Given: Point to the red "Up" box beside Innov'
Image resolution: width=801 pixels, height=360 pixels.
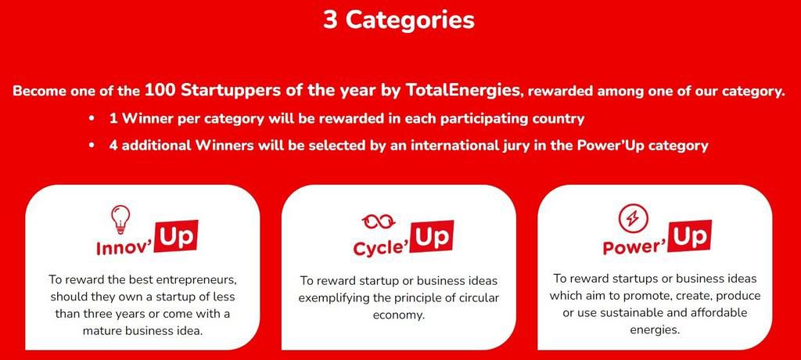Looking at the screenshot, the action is pyautogui.click(x=177, y=237).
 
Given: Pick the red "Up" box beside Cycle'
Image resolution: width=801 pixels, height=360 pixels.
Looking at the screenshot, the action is pyautogui.click(x=432, y=237).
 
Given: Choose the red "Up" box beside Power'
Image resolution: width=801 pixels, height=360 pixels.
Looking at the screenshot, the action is pyautogui.click(x=691, y=237).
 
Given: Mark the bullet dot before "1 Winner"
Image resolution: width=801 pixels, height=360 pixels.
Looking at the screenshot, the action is pyautogui.click(x=92, y=119).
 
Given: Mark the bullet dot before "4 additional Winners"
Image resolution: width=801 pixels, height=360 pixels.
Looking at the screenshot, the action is pyautogui.click(x=92, y=146).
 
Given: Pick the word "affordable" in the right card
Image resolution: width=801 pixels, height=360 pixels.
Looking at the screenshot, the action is pyautogui.click(x=720, y=312).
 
